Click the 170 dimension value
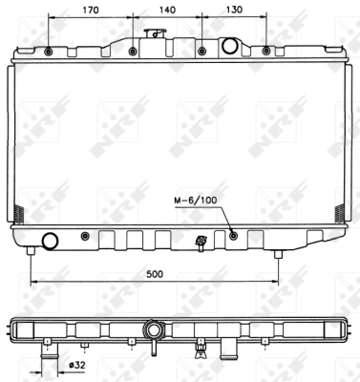(90, 11)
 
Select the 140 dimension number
(166, 11)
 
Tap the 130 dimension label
(232, 11)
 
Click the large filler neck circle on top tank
(230, 45)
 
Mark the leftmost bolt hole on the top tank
(50, 51)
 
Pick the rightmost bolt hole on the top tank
(265, 50)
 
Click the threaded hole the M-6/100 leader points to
(233, 235)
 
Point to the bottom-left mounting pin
(32, 251)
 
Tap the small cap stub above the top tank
(149, 33)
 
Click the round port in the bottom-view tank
(152, 330)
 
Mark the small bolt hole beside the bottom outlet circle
(85, 235)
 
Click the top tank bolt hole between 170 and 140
(131, 51)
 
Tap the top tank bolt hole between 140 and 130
(201, 51)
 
